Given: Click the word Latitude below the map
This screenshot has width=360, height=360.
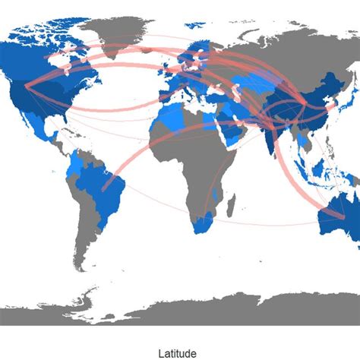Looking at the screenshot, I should coord(179,353).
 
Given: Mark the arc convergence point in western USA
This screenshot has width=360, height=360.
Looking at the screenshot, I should coord(27,87).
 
